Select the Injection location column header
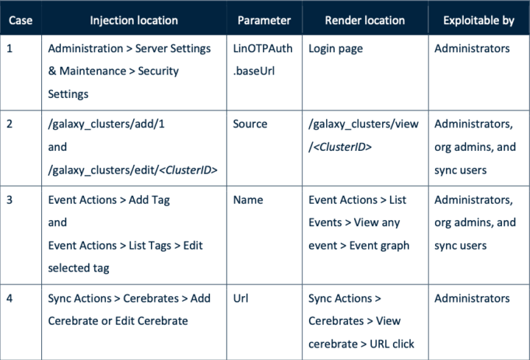(133, 21)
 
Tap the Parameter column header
(265, 21)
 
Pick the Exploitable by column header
(478, 21)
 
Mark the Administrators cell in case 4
(472, 298)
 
